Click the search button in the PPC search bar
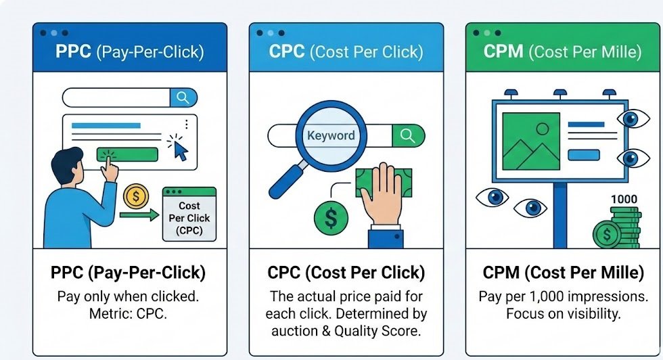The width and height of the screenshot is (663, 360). (x=183, y=97)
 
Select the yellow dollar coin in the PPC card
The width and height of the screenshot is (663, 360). (x=136, y=197)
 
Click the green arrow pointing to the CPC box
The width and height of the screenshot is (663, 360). (x=138, y=216)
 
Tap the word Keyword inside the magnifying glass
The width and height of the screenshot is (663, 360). (x=331, y=135)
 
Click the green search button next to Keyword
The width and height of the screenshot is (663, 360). (x=407, y=135)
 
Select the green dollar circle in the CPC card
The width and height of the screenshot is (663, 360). (x=331, y=218)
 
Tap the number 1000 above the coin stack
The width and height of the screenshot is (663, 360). (x=624, y=200)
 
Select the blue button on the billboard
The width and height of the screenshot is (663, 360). (x=583, y=155)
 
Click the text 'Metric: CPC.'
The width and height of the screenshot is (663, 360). (x=128, y=314)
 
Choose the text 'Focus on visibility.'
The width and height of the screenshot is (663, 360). (x=563, y=314)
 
